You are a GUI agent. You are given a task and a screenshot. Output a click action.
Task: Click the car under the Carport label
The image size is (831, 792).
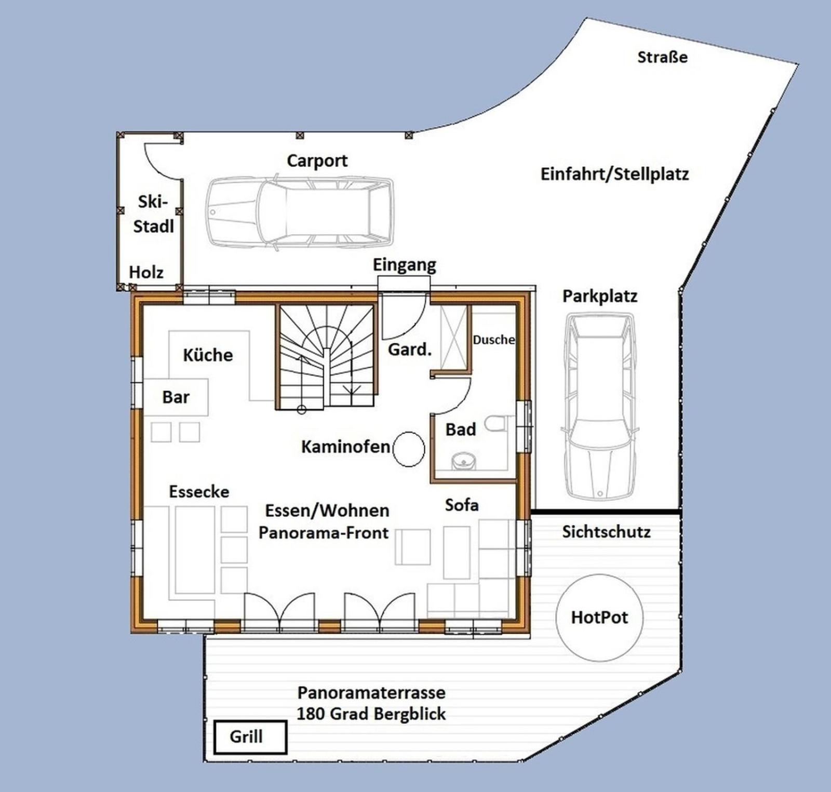pyautogui.click(x=300, y=212)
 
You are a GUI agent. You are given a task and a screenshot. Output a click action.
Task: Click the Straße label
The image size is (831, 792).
pyautogui.click(x=662, y=57)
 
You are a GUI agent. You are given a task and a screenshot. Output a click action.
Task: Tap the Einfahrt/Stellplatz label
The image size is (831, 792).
pyautogui.click(x=614, y=173)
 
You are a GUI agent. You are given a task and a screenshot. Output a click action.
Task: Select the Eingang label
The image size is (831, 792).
pyautogui.click(x=404, y=265)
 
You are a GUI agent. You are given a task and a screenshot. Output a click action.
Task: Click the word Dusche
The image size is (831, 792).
pyautogui.click(x=493, y=340)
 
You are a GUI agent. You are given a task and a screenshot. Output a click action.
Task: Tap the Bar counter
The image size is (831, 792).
pyautogui.click(x=176, y=397)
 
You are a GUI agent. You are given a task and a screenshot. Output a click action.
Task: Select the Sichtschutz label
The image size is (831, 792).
pyautogui.click(x=606, y=532)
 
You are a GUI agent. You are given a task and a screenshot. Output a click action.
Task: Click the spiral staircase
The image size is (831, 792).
pyautogui.click(x=326, y=357)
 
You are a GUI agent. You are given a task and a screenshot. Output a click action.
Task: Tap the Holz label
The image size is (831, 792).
pyautogui.click(x=146, y=272)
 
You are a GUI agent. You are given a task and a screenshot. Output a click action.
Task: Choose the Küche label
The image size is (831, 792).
pyautogui.click(x=208, y=355)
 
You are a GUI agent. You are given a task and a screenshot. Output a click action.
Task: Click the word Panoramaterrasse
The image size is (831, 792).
pyautogui.click(x=371, y=692)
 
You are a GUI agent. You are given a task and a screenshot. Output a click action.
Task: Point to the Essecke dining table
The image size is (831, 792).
pyautogui.click(x=195, y=550)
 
